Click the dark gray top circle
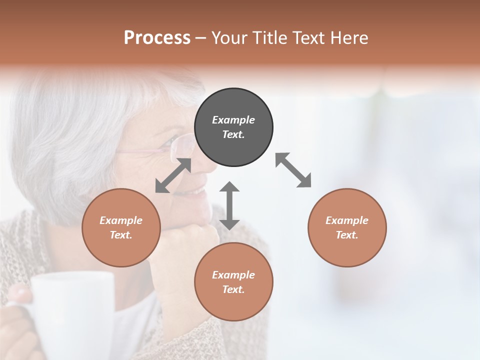(233, 127)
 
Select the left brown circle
(121, 227)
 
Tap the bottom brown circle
(233, 281)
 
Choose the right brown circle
(347, 227)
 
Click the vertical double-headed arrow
(229, 205)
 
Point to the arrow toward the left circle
(173, 175)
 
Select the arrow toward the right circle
(293, 170)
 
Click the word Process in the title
(157, 38)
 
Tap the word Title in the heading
(270, 38)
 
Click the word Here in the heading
(350, 38)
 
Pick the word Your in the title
(230, 38)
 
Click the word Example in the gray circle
(233, 120)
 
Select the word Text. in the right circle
(347, 235)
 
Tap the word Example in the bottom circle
(233, 274)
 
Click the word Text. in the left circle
(121, 235)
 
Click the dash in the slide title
(201, 38)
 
